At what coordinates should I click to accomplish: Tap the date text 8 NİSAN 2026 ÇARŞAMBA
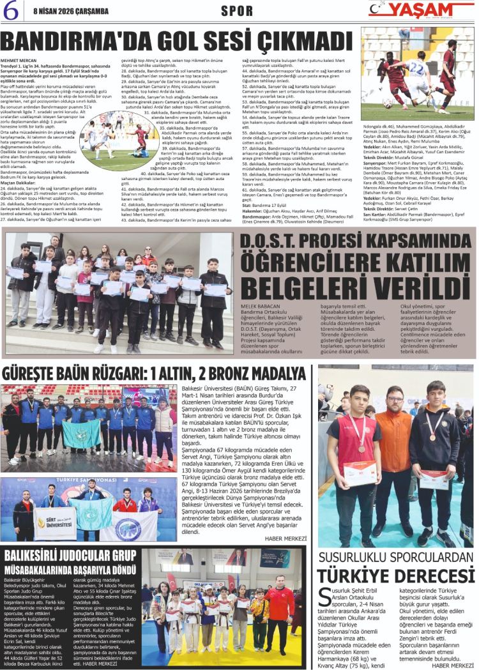point(62,10)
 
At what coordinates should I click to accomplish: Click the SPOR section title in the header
point(237,10)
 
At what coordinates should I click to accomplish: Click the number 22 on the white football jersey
point(417,66)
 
